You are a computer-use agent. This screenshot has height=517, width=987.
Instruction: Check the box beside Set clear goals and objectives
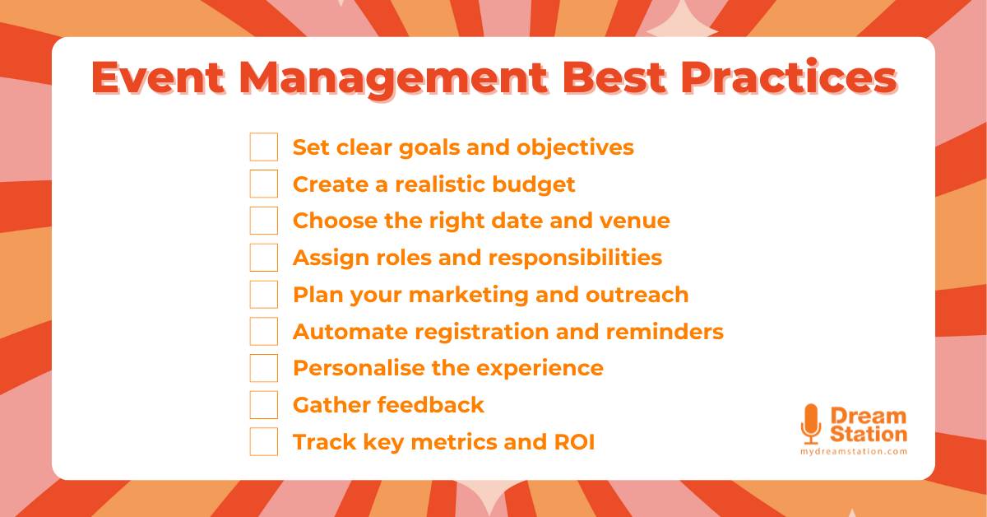tap(264, 147)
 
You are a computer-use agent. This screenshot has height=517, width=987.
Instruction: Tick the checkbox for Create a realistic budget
tap(264, 184)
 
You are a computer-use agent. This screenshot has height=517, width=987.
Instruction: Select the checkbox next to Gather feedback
tap(264, 405)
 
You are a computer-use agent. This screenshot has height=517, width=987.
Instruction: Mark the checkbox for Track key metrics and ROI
tap(264, 442)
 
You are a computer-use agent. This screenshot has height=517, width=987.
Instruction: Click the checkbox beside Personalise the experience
tap(264, 368)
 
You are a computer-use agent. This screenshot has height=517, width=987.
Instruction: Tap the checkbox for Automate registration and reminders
tap(264, 332)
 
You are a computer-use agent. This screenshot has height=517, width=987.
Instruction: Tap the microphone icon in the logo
tap(811, 423)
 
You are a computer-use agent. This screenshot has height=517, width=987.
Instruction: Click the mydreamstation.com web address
tap(854, 452)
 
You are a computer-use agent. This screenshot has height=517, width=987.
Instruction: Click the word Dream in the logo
tap(869, 416)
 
